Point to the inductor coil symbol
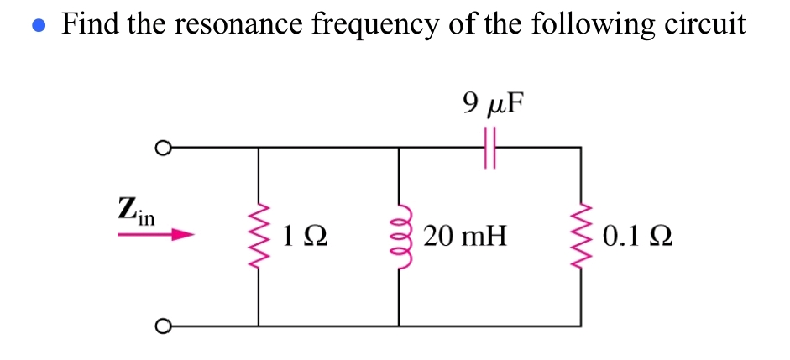pos(398,237)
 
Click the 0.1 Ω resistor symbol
pos(580,237)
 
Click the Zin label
pos(135,209)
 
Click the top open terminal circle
pos(162,149)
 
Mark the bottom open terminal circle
pos(162,326)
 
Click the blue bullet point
pos(37,25)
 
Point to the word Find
pos(91,23)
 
